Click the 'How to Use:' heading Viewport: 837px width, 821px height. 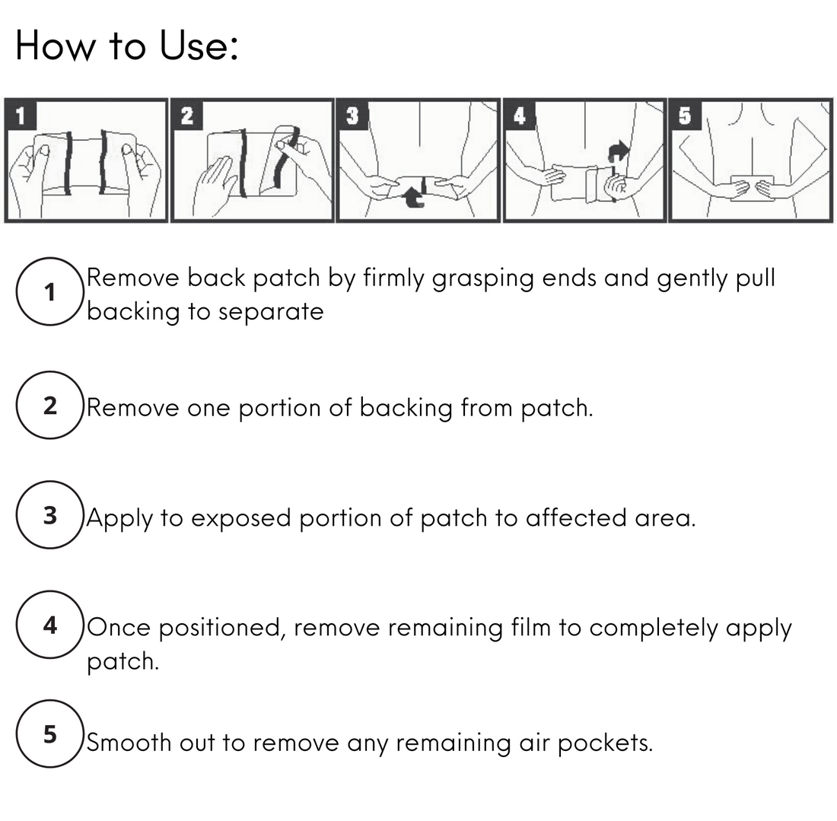(x=127, y=46)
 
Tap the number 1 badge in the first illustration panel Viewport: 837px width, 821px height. (x=21, y=116)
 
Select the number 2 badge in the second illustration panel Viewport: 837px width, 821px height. (x=187, y=116)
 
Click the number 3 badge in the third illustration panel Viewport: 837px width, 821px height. (x=352, y=116)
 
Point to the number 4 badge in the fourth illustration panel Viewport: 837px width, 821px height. (x=520, y=116)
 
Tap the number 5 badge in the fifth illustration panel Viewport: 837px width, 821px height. (x=685, y=116)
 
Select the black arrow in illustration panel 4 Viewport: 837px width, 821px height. (x=618, y=151)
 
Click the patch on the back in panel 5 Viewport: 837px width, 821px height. (x=752, y=188)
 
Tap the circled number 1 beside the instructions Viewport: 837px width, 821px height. (x=49, y=291)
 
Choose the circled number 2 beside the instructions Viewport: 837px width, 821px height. (x=49, y=405)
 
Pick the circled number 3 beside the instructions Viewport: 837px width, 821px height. (x=49, y=515)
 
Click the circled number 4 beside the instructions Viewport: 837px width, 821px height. (x=49, y=625)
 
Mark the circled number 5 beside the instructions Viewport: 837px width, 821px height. (x=49, y=734)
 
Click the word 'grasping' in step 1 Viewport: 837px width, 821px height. (x=482, y=280)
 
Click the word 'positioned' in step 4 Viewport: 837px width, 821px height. (x=223, y=628)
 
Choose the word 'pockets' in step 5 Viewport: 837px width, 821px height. (x=605, y=743)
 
